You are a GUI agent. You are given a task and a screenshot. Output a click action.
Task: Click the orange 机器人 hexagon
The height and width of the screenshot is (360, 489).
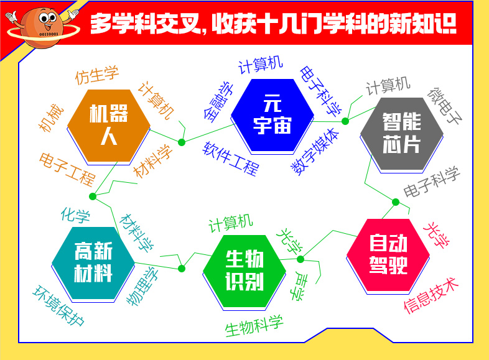[x=109, y=126]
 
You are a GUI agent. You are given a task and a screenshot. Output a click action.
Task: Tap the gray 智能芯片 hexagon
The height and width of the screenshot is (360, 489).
[x=402, y=134]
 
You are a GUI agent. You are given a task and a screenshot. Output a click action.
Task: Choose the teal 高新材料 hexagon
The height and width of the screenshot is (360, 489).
[x=93, y=263]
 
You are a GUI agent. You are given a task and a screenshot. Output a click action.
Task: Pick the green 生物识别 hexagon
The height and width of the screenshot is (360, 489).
[x=244, y=271]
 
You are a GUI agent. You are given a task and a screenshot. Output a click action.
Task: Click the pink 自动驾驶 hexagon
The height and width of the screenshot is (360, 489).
[x=388, y=255]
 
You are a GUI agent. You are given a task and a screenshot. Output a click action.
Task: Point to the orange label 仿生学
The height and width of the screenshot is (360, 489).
[x=97, y=75]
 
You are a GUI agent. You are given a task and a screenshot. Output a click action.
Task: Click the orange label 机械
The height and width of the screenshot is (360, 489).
[x=51, y=118]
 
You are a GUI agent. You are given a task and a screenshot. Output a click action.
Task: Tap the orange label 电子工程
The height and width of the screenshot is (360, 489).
[x=67, y=169]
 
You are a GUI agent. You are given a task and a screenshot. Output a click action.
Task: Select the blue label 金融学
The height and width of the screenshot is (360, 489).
[x=218, y=102]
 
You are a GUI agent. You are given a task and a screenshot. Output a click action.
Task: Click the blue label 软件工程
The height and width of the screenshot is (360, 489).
[x=231, y=159]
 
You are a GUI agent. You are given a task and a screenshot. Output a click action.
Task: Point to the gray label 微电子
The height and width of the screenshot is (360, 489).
[x=445, y=106]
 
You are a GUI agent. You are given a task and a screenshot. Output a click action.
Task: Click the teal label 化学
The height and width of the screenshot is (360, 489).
[x=75, y=215]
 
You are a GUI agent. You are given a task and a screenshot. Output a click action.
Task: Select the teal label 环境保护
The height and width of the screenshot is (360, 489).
[x=58, y=305]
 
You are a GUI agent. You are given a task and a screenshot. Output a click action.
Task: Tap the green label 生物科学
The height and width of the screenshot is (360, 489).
[x=254, y=326]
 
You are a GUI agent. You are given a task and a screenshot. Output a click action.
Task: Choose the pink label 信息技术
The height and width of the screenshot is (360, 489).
[x=431, y=295]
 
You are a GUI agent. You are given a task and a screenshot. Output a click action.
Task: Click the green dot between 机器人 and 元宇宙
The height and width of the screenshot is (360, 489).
[x=182, y=142]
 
